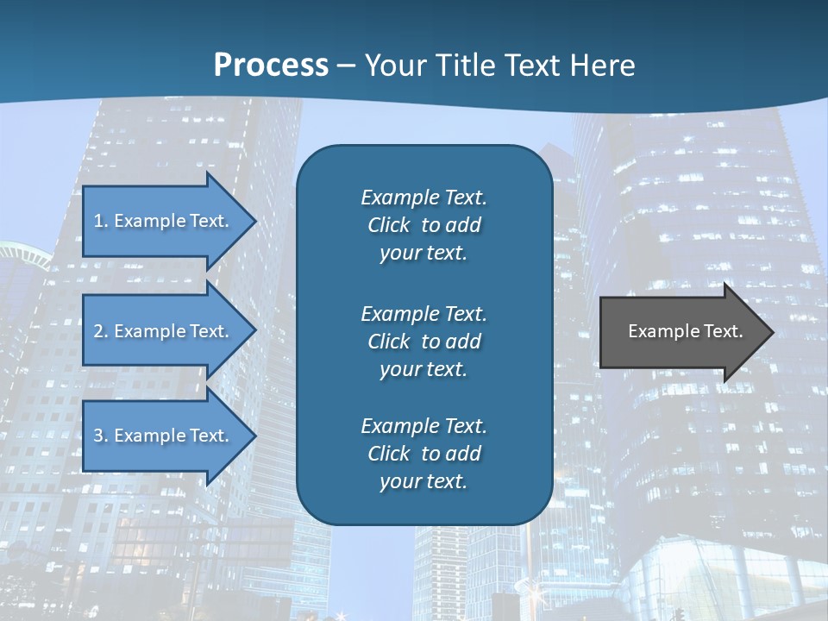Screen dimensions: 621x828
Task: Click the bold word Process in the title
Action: [271, 66]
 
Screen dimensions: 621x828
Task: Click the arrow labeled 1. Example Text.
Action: [164, 221]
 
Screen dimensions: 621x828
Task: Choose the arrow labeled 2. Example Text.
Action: [164, 331]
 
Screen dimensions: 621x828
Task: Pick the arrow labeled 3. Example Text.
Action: [164, 436]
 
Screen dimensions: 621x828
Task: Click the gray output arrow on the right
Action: [681, 332]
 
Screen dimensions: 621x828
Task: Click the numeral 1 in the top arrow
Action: [97, 221]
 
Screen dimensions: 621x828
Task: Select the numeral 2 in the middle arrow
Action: [98, 331]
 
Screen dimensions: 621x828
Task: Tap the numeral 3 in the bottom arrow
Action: [98, 436]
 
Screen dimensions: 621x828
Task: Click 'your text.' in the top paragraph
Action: [423, 254]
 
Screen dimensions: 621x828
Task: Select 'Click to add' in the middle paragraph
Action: [423, 342]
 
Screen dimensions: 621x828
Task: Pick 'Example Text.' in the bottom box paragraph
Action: [423, 426]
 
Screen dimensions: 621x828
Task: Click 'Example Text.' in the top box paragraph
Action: [423, 198]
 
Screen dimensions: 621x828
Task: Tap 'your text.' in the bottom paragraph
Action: [423, 482]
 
